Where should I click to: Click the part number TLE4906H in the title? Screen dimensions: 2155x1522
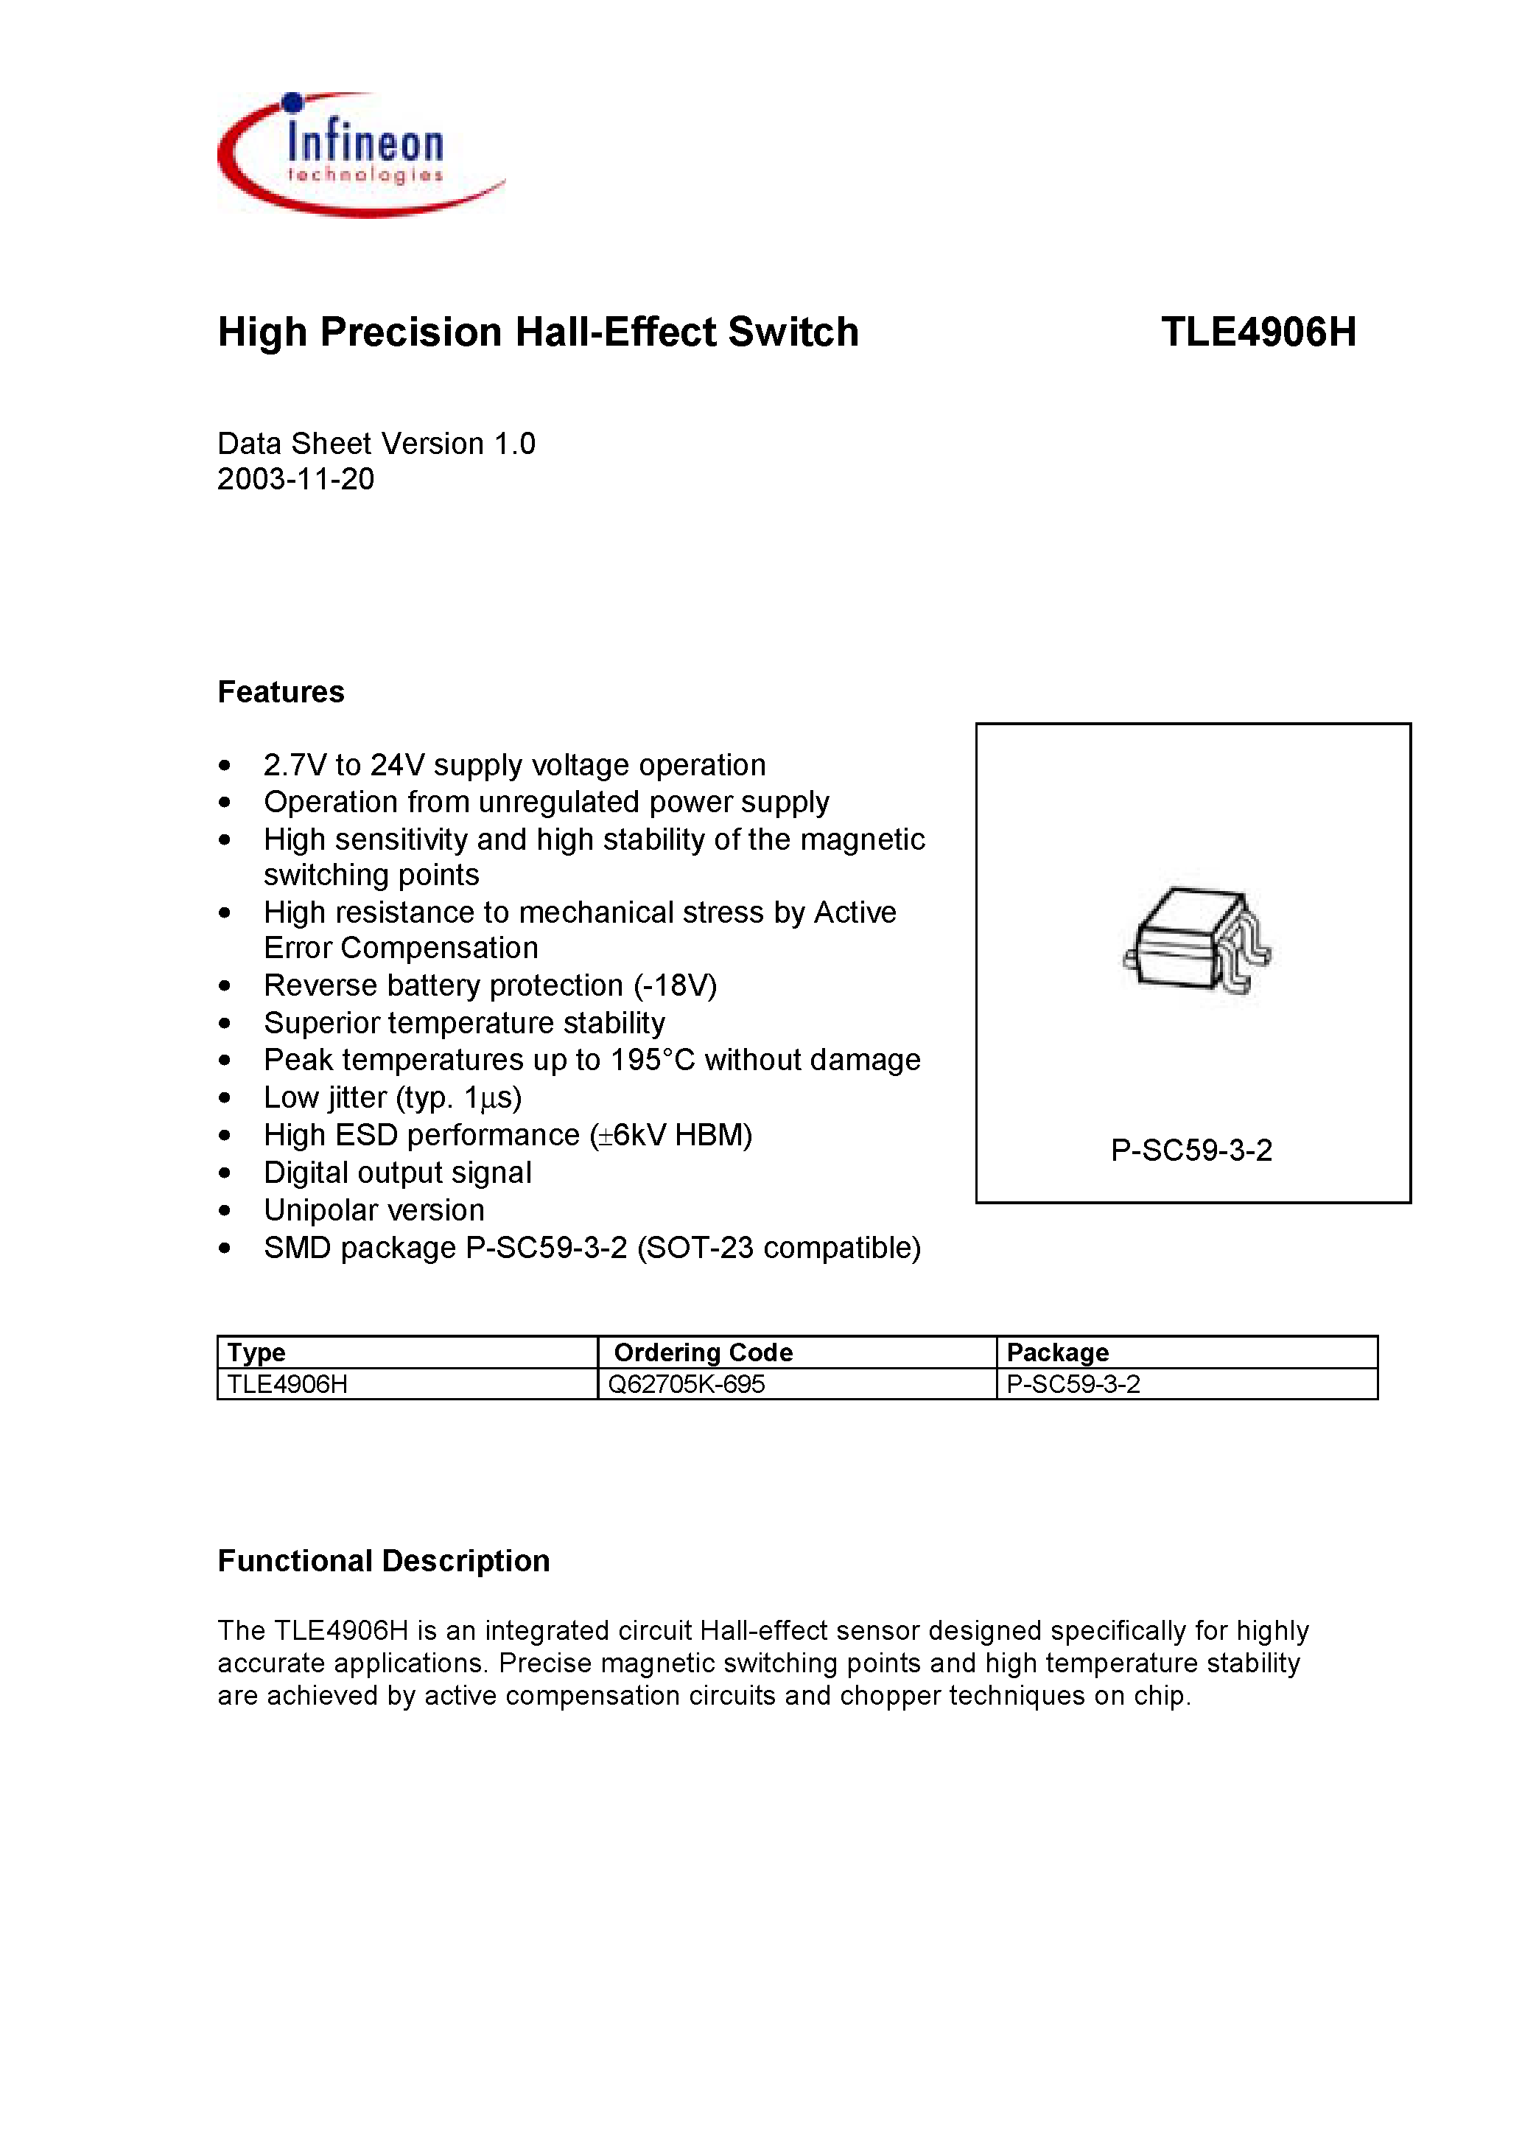tap(1258, 332)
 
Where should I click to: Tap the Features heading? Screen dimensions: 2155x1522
tap(281, 692)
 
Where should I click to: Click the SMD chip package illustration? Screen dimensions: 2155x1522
tap(1196, 941)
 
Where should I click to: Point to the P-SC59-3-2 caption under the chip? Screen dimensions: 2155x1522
tap(1190, 1150)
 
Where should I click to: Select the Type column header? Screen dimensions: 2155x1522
tap(256, 1352)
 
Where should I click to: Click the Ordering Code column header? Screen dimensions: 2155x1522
tap(703, 1352)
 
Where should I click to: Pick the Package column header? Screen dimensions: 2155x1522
tap(1058, 1352)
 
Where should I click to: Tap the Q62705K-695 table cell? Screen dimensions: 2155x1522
tap(686, 1384)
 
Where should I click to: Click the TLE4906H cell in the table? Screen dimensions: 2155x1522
tap(287, 1384)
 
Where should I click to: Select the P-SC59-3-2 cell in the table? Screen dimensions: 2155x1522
tap(1073, 1384)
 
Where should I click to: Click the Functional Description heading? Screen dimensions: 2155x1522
tap(383, 1561)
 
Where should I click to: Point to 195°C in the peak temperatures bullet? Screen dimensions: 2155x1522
tap(652, 1060)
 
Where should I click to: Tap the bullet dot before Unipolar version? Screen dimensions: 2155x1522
tap(224, 1211)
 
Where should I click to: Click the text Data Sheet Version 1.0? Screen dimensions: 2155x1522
tap(376, 444)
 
